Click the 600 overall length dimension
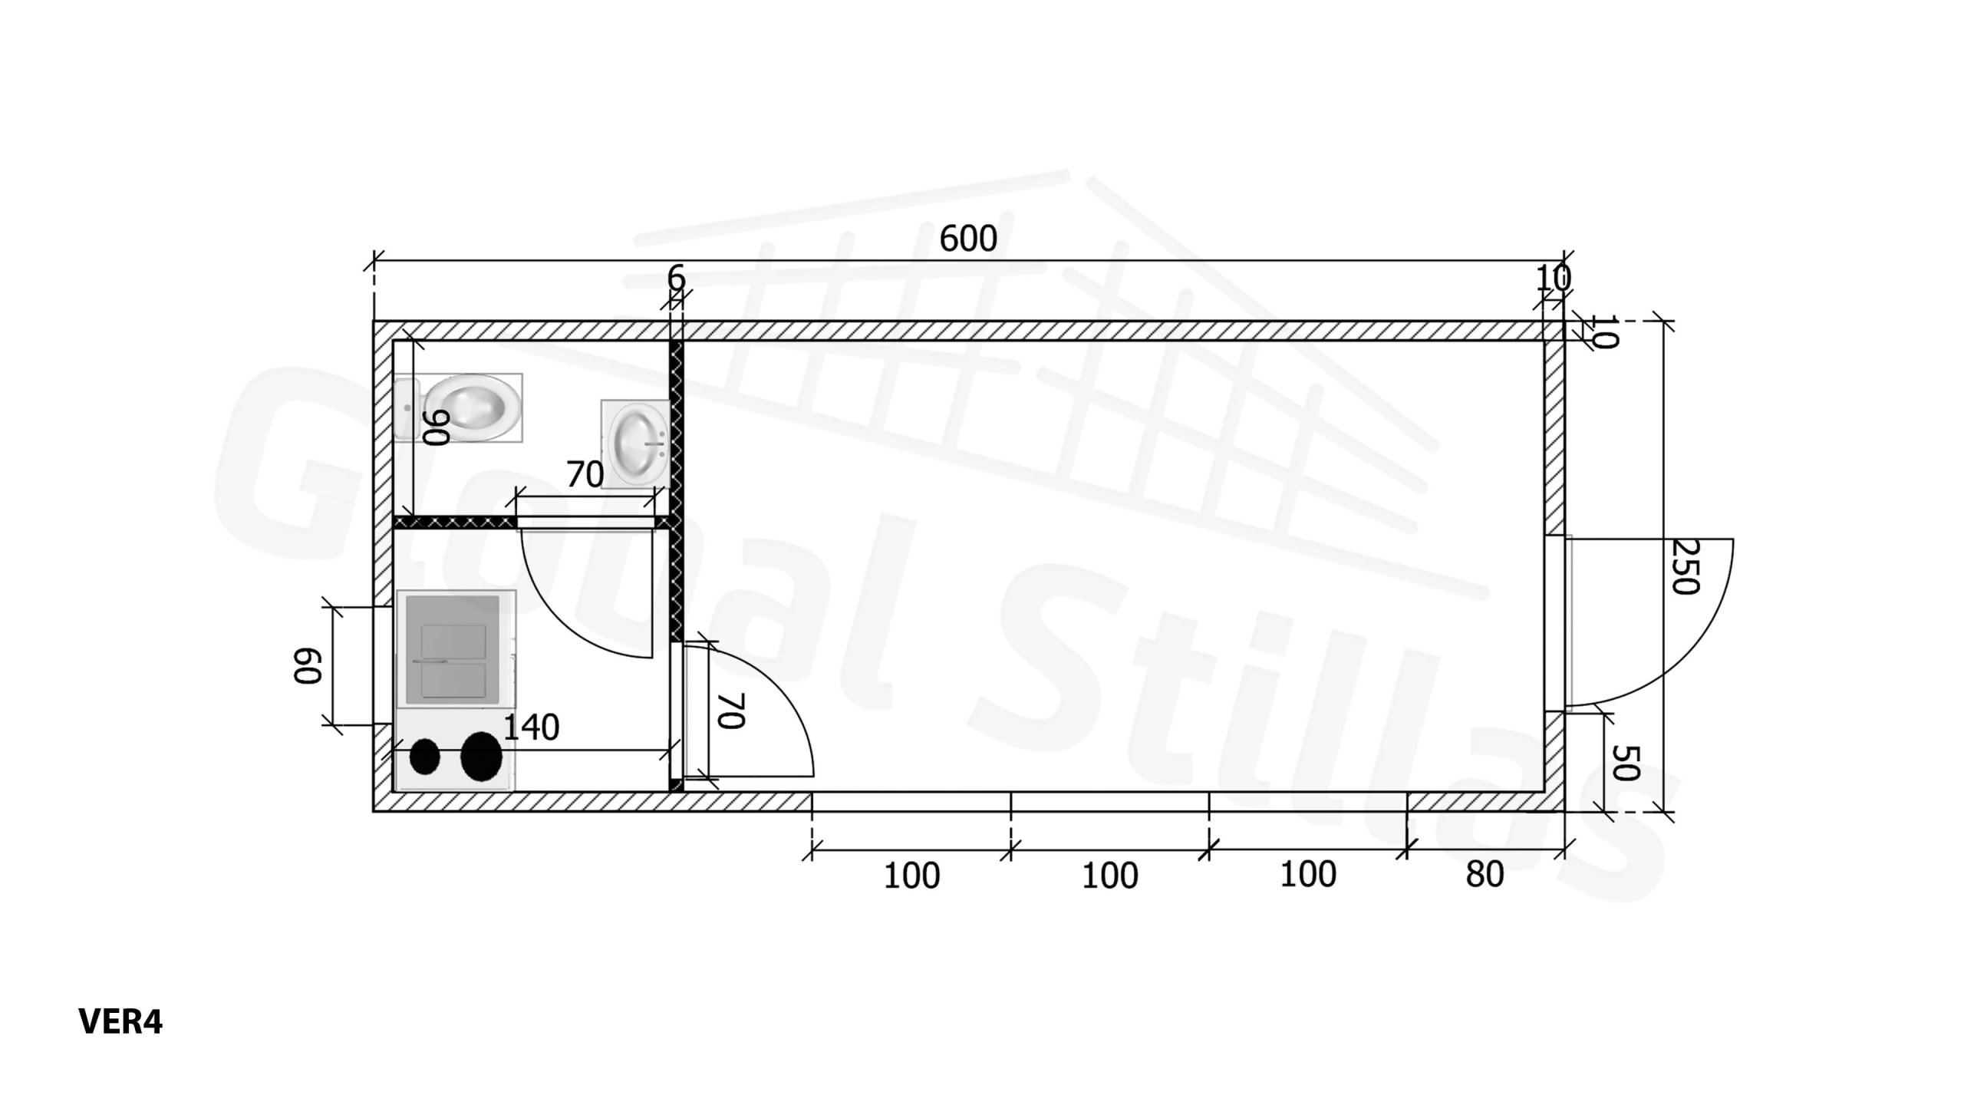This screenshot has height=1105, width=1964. [968, 239]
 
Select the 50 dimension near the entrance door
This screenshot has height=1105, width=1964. [1625, 762]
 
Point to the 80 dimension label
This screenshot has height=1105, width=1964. [1485, 875]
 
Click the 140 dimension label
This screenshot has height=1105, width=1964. [531, 727]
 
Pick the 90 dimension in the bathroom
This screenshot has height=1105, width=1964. [437, 427]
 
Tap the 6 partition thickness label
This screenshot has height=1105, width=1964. [676, 278]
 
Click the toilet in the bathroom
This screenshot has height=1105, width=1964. [459, 407]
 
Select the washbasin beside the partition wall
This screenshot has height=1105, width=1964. [635, 444]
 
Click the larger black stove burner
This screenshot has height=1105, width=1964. [481, 757]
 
